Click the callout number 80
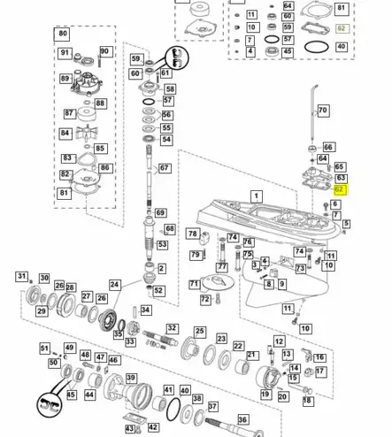coord(62,34)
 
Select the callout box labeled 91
coord(65,53)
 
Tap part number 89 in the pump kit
coord(65,79)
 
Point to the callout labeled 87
coord(70,113)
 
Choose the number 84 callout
coord(65,134)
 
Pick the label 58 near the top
coord(169,89)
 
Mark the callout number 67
coord(164,168)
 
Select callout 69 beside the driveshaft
coord(160,212)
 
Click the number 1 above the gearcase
coord(257,196)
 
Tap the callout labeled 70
coord(322,111)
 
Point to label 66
coord(328,148)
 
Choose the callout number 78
coord(193,234)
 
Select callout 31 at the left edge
coord(22,276)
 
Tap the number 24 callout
coord(115,285)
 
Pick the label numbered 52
coord(159,290)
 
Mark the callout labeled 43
coord(129,429)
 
